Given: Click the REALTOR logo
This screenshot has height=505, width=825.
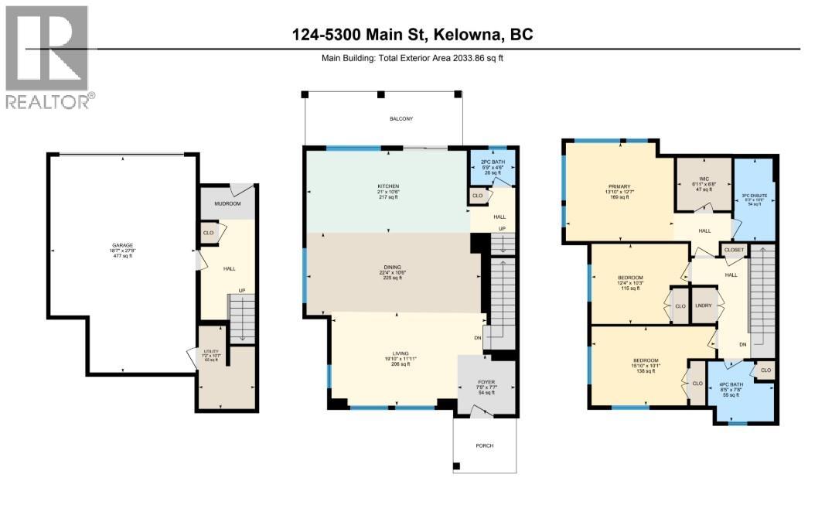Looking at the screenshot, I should click(48, 58).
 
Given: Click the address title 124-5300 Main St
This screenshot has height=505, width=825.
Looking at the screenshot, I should click(412, 35).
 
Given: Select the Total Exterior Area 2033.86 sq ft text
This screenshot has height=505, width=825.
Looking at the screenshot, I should click(412, 57).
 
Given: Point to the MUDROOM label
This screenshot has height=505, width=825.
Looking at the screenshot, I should click(227, 203).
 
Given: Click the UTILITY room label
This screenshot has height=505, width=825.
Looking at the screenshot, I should click(211, 352).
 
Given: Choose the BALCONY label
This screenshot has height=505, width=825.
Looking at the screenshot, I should click(401, 118).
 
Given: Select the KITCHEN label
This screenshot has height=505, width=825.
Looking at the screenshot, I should click(387, 187).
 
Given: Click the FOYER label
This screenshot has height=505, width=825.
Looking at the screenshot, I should click(486, 381).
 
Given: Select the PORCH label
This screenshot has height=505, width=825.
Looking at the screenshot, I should click(484, 445).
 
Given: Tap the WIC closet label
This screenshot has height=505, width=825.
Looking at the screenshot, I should click(703, 177).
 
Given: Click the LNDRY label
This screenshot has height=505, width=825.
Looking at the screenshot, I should click(703, 305).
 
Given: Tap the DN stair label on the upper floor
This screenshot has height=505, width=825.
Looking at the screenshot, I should click(742, 345).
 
